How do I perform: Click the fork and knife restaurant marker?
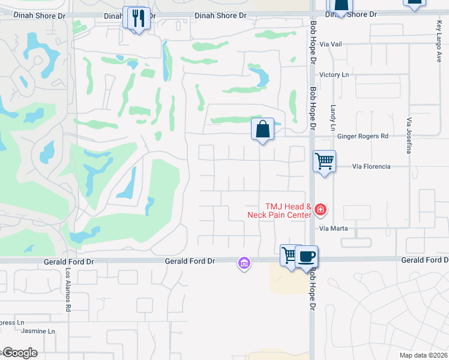coord(139,18)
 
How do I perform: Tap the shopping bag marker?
coord(262,129)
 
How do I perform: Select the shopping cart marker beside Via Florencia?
coord(324,161)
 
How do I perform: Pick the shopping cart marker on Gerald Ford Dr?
coord(290,255)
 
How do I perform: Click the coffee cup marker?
coord(307,256)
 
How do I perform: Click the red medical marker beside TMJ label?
coord(321,209)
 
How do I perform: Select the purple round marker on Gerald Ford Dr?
coord(244,263)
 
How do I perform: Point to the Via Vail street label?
coord(331,44)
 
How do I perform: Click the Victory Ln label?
coord(334,74)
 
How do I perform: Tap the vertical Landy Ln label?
coord(333,118)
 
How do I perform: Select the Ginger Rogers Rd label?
coord(363,136)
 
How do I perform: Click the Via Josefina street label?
coord(410,135)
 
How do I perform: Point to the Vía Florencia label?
coord(371,166)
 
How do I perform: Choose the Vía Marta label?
coord(334,229)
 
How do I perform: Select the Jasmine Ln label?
coord(38,331)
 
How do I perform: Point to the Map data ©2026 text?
coord(423,355)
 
